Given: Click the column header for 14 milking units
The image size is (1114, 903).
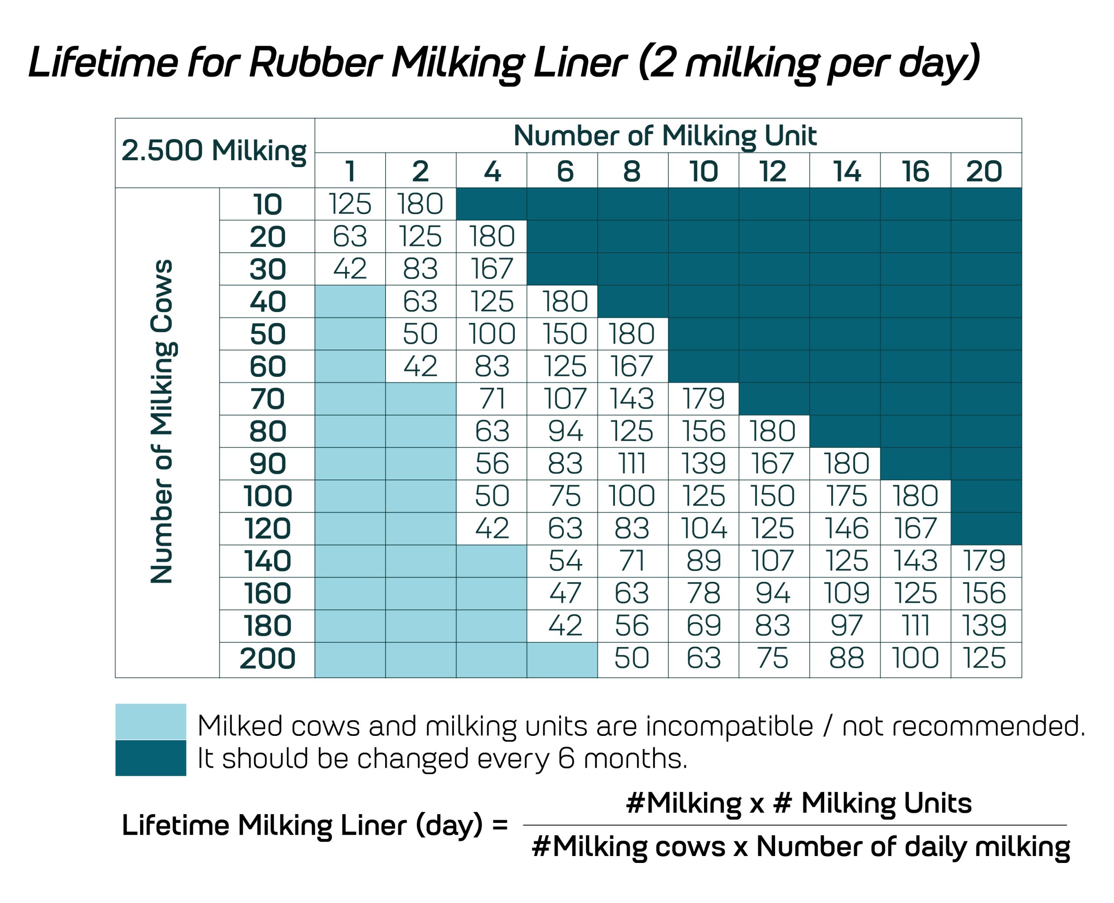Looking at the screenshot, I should [846, 171].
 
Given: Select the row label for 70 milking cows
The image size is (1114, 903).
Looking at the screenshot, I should [267, 399].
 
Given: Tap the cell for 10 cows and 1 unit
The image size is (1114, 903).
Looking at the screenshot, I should [349, 204].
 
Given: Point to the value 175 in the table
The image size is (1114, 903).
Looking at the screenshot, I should [846, 496].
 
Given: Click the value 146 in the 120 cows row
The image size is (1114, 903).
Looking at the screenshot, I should [846, 528].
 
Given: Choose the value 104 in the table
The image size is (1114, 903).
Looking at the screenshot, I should [703, 528].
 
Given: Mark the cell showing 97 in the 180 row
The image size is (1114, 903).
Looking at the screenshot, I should [846, 625].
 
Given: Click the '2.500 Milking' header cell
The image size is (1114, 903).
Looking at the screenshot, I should [214, 151].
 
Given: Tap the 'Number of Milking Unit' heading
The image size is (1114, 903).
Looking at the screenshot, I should [664, 136].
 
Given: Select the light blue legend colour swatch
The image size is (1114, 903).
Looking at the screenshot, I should [150, 722].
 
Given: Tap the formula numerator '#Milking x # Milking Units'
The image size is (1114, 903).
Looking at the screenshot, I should [799, 803].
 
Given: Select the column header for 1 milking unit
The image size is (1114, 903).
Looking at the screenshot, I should [349, 171].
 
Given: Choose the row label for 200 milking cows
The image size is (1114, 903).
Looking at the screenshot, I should [267, 658].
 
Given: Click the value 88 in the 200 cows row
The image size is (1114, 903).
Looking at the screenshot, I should [846, 658].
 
